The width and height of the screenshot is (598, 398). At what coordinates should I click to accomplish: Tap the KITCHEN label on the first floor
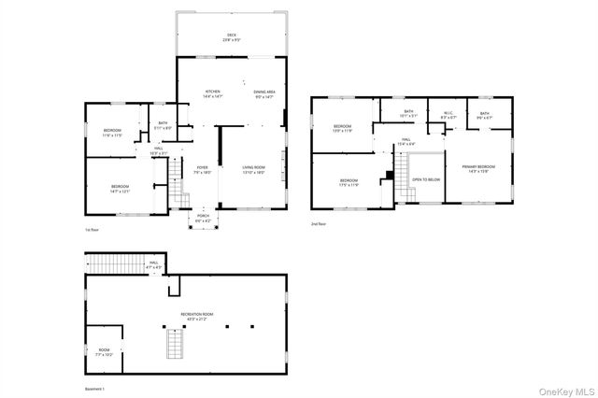pyautogui.click(x=213, y=92)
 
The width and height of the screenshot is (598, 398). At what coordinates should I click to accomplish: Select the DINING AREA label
pyautogui.click(x=264, y=92)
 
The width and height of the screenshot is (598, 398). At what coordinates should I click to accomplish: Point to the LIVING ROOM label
pyautogui.click(x=254, y=168)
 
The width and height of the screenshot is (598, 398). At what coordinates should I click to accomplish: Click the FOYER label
pyautogui.click(x=202, y=168)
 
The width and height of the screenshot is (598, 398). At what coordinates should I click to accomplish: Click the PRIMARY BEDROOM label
pyautogui.click(x=478, y=167)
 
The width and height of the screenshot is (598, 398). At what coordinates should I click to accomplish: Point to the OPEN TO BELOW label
pyautogui.click(x=426, y=178)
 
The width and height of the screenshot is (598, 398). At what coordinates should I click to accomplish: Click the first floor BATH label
pyautogui.click(x=162, y=124)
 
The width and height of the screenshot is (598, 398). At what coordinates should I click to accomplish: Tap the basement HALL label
pyautogui.click(x=154, y=263)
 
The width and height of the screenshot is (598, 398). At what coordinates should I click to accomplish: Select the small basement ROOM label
pyautogui.click(x=103, y=352)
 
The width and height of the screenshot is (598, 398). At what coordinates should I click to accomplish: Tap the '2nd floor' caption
pyautogui.click(x=320, y=224)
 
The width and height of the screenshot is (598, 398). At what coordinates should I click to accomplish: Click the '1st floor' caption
pyautogui.click(x=92, y=229)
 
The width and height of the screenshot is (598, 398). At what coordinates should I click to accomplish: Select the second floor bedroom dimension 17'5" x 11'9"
pyautogui.click(x=349, y=184)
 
